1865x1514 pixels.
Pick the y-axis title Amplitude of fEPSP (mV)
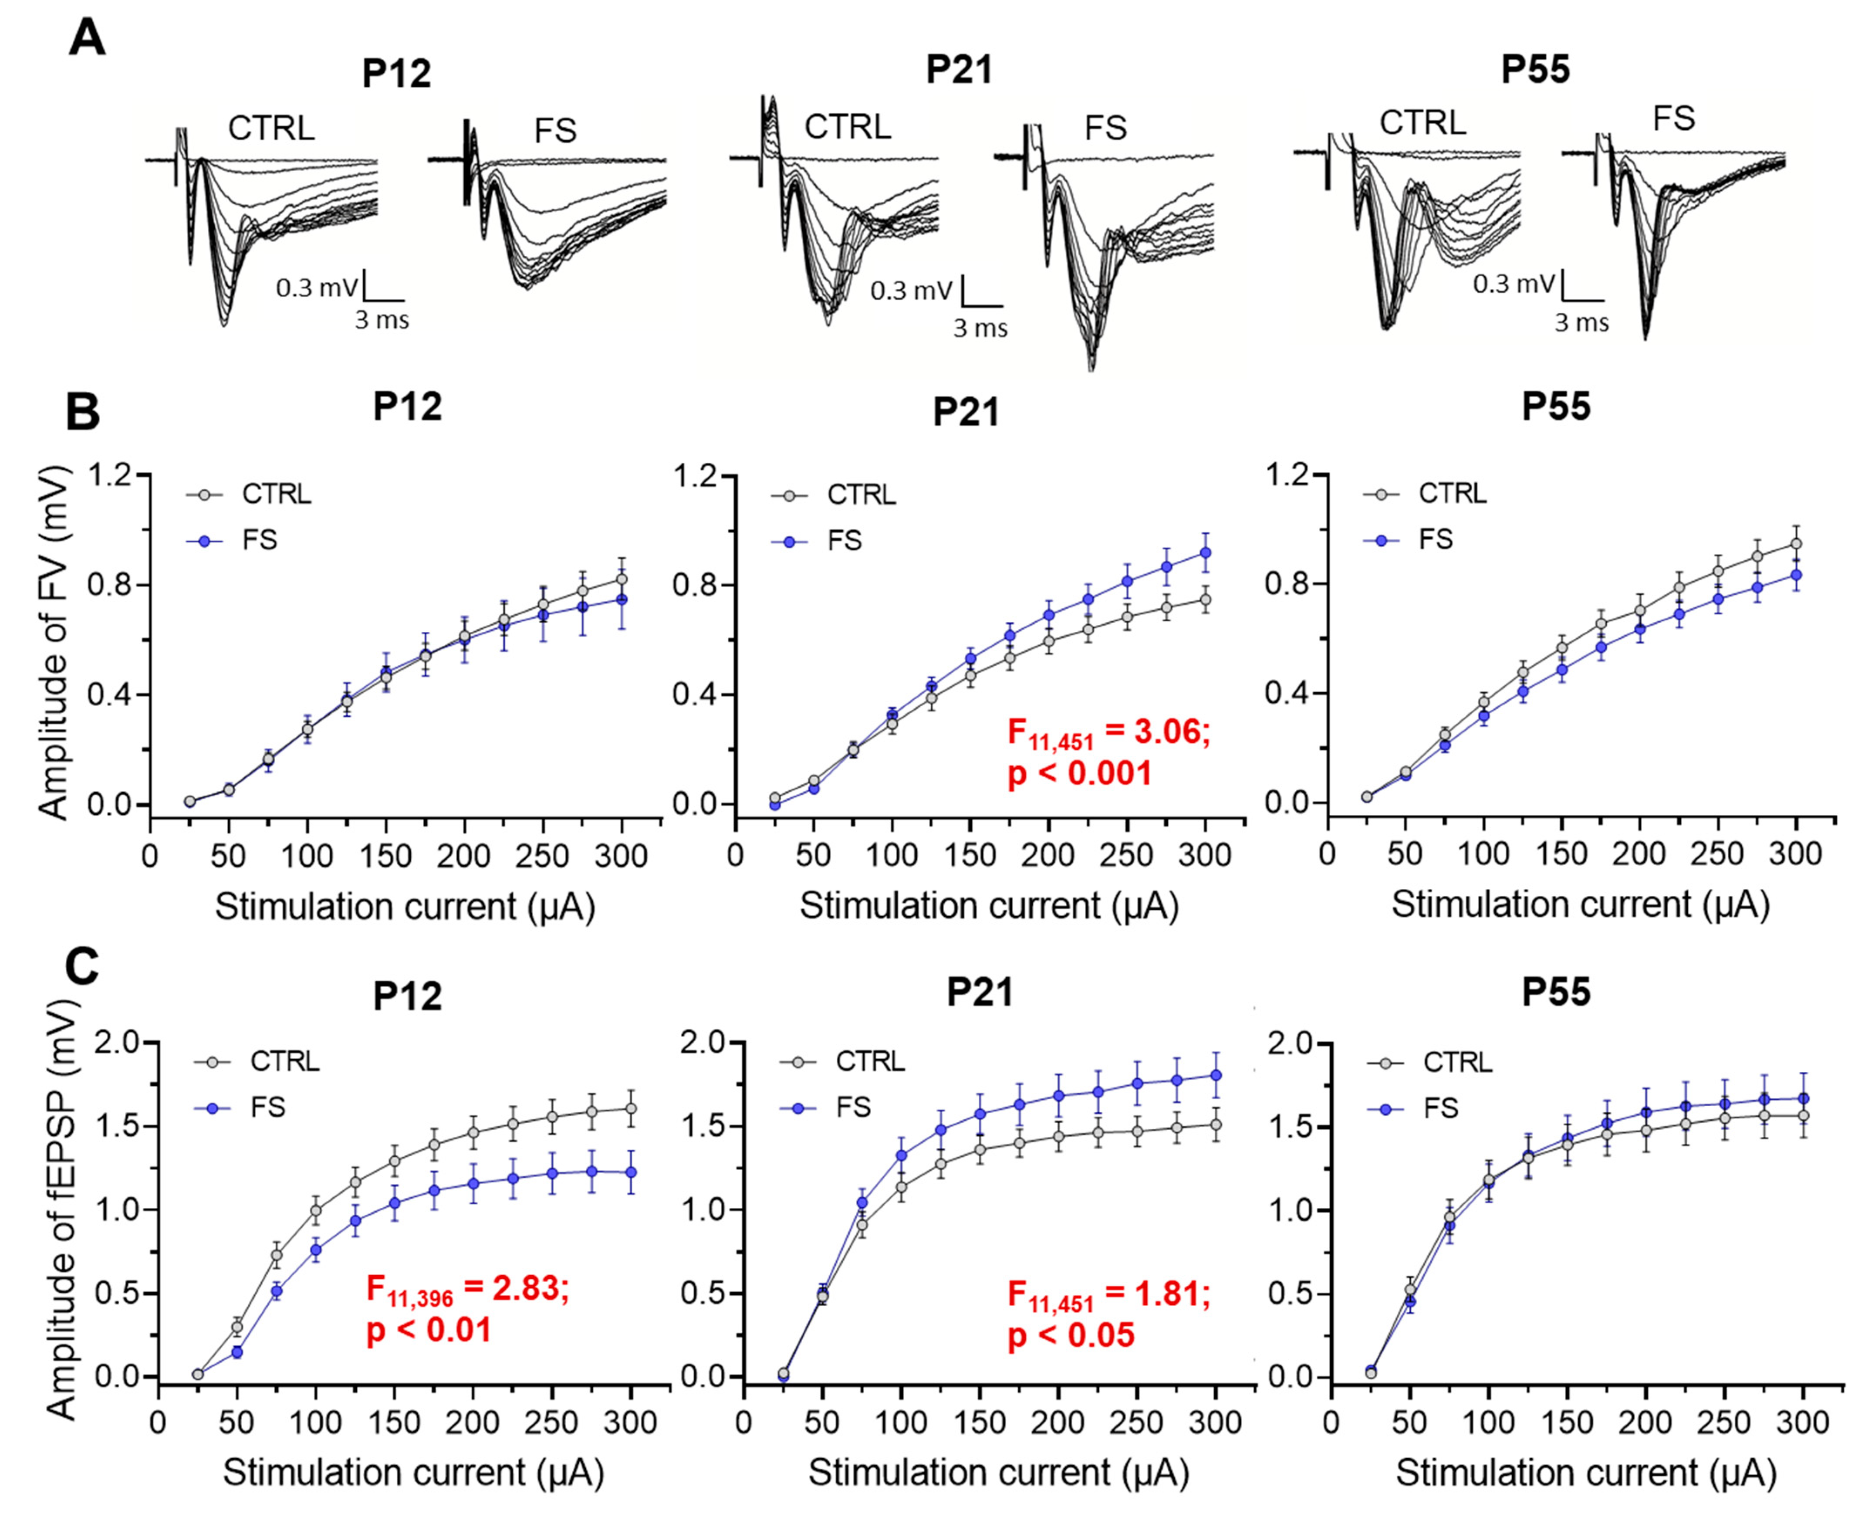tap(61, 1208)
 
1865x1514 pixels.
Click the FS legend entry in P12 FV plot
tap(259, 540)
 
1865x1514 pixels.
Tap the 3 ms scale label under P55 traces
tap(1581, 323)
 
